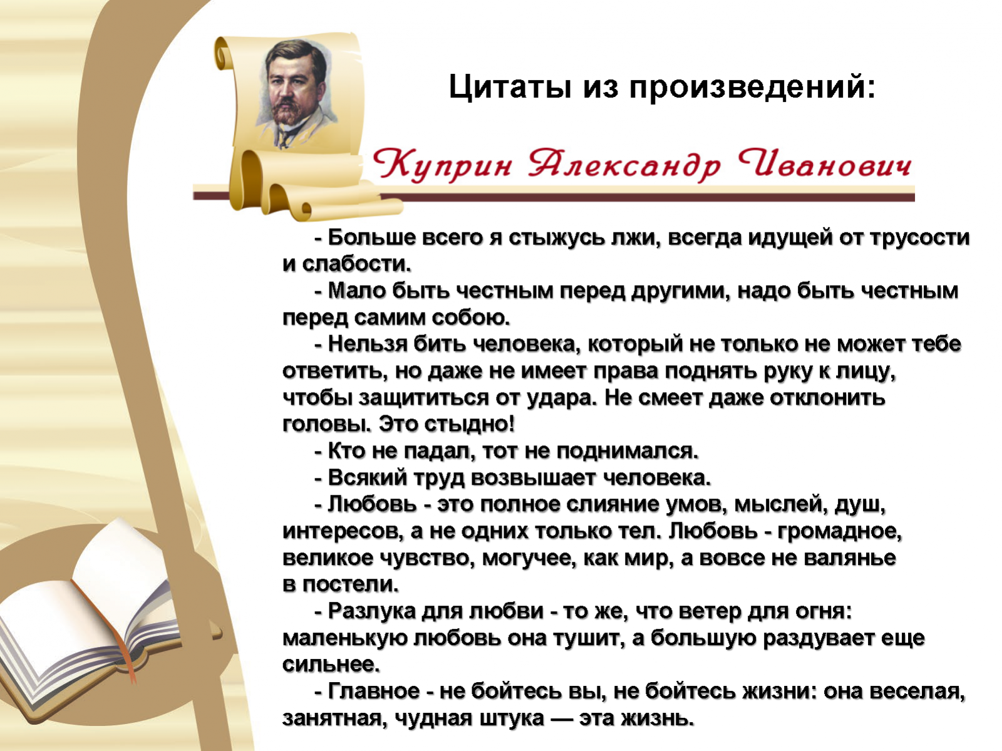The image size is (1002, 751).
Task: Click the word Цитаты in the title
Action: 510,86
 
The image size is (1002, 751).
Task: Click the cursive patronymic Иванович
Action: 824,164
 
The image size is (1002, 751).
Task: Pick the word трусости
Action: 919,238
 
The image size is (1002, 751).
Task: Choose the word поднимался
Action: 628,452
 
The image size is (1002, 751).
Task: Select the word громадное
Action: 840,532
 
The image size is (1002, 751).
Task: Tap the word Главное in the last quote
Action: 374,691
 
